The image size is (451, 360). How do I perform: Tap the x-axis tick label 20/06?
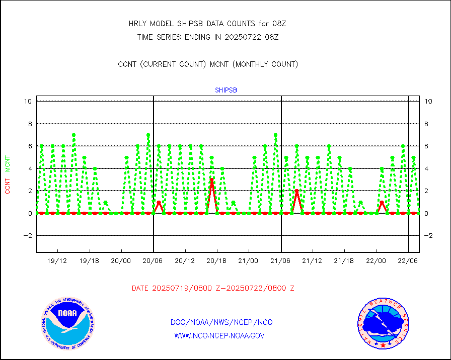click(153, 261)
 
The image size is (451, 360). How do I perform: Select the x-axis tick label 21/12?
click(313, 261)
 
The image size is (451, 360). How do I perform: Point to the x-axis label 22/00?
click(377, 261)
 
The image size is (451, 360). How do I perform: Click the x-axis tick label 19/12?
click(57, 261)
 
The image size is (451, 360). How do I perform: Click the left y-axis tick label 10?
click(28, 101)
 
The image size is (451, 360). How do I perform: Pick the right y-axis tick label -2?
click(428, 235)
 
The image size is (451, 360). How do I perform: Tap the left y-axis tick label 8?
click(30, 124)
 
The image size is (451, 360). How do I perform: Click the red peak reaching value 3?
click(212, 180)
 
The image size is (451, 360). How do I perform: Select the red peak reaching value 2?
click(297, 191)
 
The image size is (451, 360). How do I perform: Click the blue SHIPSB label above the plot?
click(226, 91)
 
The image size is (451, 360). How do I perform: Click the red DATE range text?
click(213, 289)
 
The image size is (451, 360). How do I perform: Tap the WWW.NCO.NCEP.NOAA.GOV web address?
click(219, 335)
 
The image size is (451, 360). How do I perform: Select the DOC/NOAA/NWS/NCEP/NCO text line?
click(222, 322)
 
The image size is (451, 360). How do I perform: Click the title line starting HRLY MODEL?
click(207, 24)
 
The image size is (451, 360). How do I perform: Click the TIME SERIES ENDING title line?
click(208, 37)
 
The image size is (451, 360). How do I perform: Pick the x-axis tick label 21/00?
click(249, 261)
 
